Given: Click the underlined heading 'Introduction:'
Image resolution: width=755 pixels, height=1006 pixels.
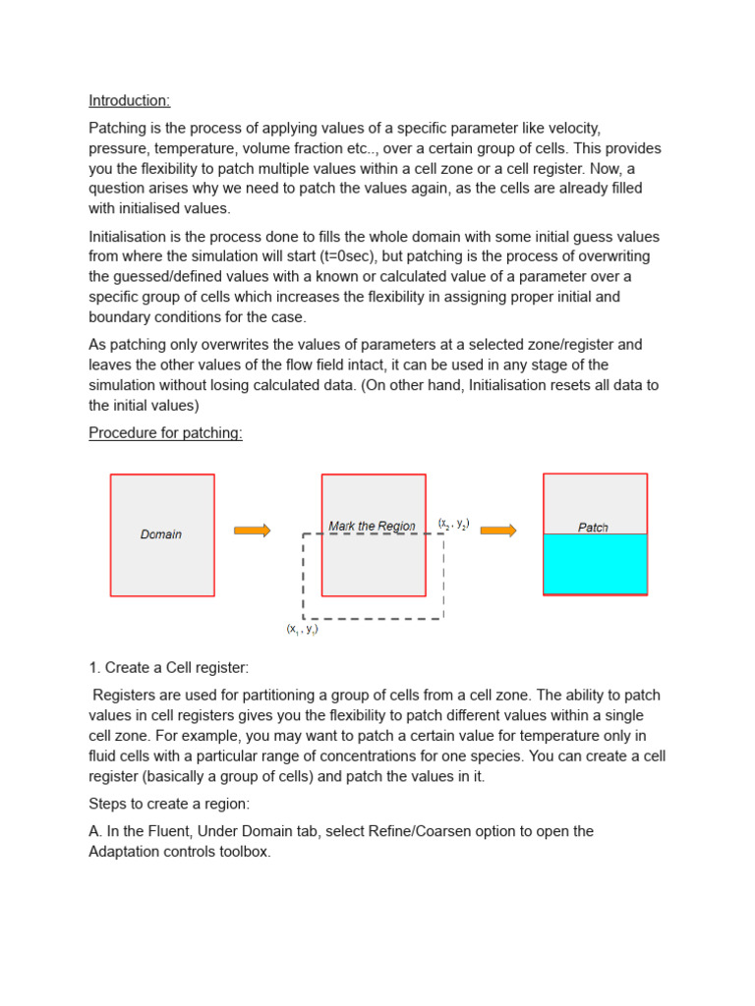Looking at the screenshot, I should click(x=130, y=100).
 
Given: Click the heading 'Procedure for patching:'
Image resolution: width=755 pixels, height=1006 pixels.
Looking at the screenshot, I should click(x=165, y=433).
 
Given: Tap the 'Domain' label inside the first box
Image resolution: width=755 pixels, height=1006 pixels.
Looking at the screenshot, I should click(x=161, y=534).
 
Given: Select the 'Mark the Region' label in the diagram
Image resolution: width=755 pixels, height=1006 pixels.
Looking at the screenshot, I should click(x=372, y=527).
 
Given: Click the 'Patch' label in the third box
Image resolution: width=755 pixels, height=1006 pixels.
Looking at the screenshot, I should click(x=593, y=528).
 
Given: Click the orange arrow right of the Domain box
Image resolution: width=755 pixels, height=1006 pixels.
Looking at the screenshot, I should click(x=252, y=531).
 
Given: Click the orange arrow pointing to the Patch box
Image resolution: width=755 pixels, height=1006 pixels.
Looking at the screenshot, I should click(x=497, y=531).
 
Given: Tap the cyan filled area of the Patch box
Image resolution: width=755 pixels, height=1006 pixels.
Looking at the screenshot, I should click(x=595, y=564).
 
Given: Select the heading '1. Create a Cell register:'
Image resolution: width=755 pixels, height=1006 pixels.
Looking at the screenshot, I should click(x=168, y=668).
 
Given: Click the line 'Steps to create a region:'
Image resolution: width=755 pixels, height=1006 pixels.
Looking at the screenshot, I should click(x=171, y=804).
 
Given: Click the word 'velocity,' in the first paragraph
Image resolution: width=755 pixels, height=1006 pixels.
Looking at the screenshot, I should click(x=569, y=129).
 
